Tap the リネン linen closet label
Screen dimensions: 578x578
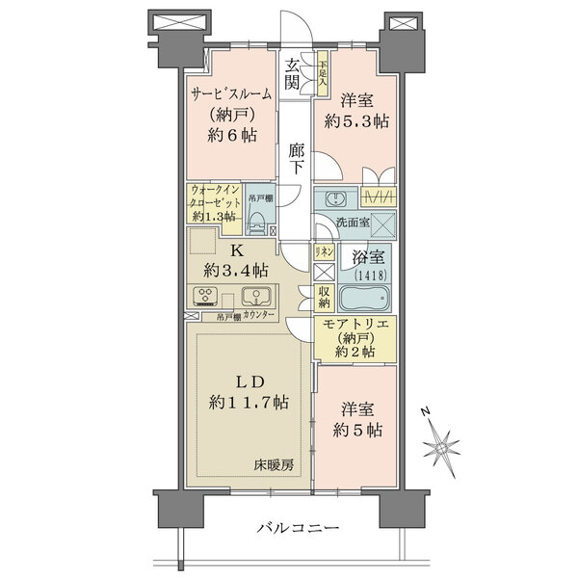[324, 252]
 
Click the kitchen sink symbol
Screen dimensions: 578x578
[255, 296]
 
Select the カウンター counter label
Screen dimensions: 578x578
[258, 316]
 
